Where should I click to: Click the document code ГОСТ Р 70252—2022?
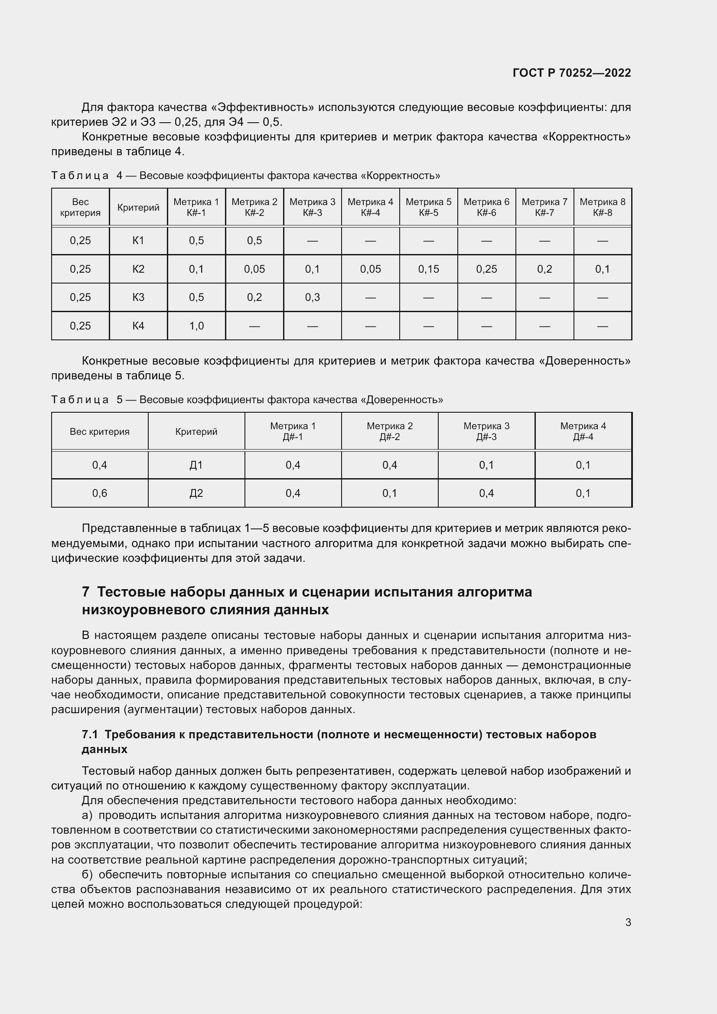click(x=572, y=73)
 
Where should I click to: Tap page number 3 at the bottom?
click(x=628, y=922)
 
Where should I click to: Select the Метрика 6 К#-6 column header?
click(x=486, y=207)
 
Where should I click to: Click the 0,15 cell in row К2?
click(x=428, y=269)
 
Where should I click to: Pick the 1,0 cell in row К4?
click(x=196, y=326)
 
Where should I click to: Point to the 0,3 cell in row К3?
click(x=312, y=297)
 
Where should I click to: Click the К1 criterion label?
click(x=138, y=241)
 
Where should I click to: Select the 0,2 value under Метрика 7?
click(x=544, y=269)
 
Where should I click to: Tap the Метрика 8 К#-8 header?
click(x=602, y=207)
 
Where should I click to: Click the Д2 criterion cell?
click(x=196, y=493)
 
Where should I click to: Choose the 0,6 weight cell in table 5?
click(x=100, y=493)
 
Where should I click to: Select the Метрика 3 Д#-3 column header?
click(x=486, y=431)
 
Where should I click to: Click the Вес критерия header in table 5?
click(x=100, y=431)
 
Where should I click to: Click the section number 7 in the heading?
click(x=86, y=592)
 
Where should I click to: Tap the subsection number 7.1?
click(x=90, y=734)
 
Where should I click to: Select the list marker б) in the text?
click(x=87, y=874)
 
